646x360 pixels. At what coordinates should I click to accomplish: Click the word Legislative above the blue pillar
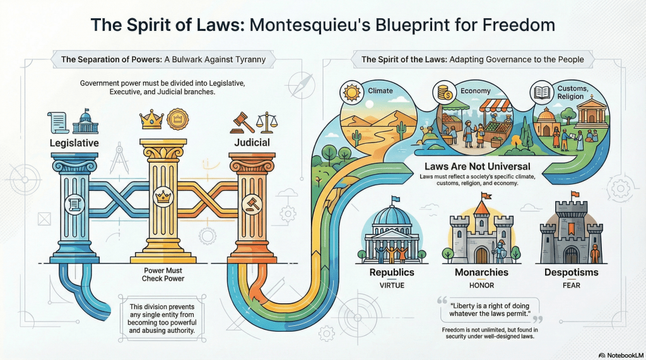(x=74, y=143)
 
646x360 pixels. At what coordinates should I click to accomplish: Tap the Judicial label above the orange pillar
(x=252, y=142)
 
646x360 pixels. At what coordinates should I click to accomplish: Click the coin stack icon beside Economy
(x=443, y=93)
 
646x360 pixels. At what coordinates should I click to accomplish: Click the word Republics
(x=392, y=273)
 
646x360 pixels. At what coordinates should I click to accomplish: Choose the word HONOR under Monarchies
(x=481, y=286)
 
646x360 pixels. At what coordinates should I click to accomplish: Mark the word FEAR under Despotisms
(x=572, y=286)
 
